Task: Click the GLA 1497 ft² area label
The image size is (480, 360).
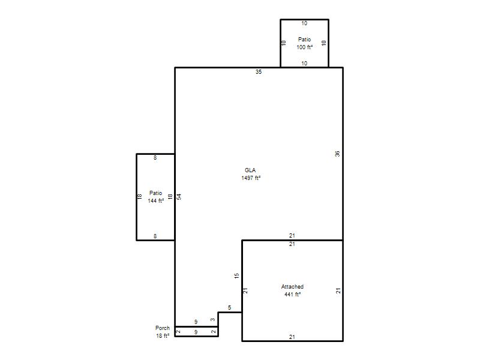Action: coord(251,174)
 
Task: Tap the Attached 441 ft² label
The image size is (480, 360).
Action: coord(292,290)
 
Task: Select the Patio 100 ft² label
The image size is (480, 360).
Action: coord(304,43)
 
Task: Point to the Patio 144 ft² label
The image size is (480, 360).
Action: coord(155,197)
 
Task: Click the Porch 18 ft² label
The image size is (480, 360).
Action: coord(162,332)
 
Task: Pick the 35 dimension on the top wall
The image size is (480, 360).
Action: coord(259,71)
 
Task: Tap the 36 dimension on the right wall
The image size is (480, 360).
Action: coord(337,154)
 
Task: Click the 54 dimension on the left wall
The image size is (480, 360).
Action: coord(179,197)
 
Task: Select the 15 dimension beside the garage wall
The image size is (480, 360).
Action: coord(236,275)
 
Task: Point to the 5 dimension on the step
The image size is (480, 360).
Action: coord(230,308)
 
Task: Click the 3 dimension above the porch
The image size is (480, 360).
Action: coord(213,320)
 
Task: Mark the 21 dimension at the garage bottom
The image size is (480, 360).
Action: coord(292,337)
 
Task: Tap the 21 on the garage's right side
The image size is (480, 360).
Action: coord(338,291)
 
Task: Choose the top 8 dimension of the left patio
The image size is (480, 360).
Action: coord(155,158)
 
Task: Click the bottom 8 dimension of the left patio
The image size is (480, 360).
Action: coord(155,236)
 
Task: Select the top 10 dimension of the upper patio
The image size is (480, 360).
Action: coord(304,23)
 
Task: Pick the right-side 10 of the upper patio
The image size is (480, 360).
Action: coord(324,43)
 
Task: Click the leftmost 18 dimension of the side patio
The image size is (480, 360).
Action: coord(140,197)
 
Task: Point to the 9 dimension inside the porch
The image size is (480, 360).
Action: coord(196,332)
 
